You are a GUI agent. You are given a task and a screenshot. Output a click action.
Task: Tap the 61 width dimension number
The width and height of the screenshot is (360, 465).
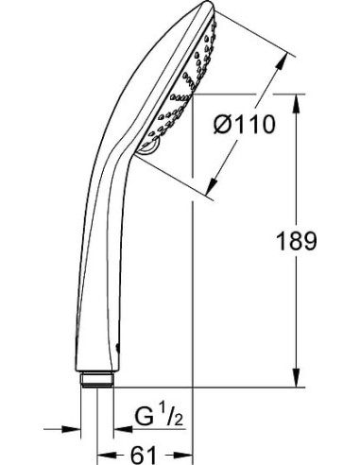pos(144,453)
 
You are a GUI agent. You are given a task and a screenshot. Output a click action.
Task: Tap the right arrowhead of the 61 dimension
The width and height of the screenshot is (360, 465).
pos(187,454)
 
